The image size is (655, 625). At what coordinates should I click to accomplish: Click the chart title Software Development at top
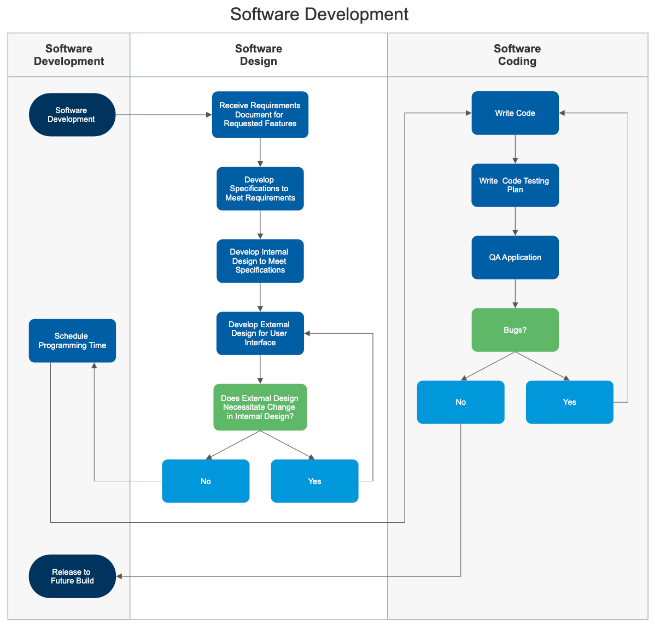[x=319, y=14]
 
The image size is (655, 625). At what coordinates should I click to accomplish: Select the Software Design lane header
[x=259, y=55]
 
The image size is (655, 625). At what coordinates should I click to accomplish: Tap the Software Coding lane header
[x=517, y=55]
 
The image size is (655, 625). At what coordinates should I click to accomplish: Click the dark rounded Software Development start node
[x=72, y=115]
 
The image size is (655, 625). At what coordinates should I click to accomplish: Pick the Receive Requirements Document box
[x=260, y=115]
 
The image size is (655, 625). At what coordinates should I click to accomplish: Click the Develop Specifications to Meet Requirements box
[x=260, y=188]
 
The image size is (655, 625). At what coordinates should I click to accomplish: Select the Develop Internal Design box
[x=260, y=261]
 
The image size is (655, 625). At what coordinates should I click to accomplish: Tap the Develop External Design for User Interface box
[x=260, y=333]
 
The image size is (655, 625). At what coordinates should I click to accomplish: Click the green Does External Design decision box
[x=260, y=407]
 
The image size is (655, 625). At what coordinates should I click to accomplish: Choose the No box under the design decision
[x=206, y=481]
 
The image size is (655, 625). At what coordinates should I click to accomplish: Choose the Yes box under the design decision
[x=314, y=481]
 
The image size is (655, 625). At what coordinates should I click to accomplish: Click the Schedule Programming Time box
[x=72, y=340]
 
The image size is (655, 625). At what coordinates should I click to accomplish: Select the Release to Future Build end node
[x=72, y=576]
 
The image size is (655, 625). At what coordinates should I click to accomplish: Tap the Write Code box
[x=515, y=113]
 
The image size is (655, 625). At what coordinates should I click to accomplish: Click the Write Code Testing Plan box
[x=515, y=185]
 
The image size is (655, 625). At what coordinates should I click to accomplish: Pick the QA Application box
[x=515, y=257]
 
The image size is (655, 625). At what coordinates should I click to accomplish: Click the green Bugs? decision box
[x=515, y=330]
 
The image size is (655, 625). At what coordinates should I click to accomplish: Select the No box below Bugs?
[x=460, y=402]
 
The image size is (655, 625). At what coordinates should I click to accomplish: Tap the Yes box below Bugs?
[x=569, y=402]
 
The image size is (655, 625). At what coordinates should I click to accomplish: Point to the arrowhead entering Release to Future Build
[x=119, y=576]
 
